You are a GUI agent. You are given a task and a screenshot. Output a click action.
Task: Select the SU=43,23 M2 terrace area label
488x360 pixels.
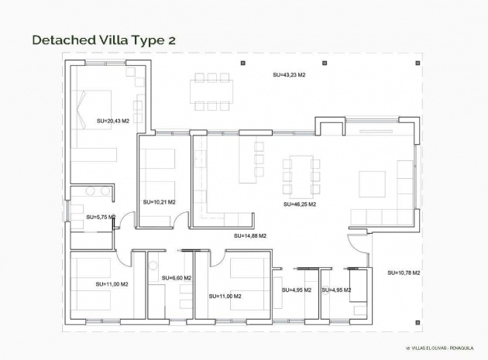[289, 75]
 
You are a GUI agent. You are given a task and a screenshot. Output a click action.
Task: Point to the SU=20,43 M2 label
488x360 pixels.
[112, 122]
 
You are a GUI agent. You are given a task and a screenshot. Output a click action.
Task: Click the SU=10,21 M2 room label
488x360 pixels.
[159, 202]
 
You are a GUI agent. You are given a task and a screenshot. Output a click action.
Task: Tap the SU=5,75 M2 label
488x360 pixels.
[101, 218]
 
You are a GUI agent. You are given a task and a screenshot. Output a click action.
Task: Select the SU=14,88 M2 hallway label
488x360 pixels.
[249, 235]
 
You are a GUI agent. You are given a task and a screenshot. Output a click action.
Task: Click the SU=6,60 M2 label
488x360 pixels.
[176, 278]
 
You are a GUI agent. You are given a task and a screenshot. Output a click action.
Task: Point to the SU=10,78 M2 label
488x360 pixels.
[403, 273]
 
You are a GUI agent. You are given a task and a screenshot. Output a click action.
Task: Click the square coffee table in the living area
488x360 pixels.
[370, 183]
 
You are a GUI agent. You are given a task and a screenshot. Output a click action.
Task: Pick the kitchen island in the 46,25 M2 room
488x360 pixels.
[248, 159]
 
